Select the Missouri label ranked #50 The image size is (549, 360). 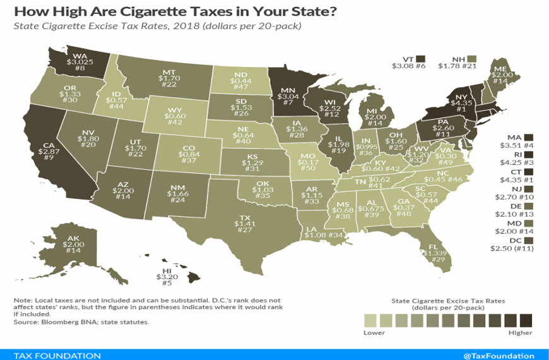tap(309, 165)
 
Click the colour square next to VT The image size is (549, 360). tap(420, 59)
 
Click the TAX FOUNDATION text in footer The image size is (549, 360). tap(57, 355)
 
